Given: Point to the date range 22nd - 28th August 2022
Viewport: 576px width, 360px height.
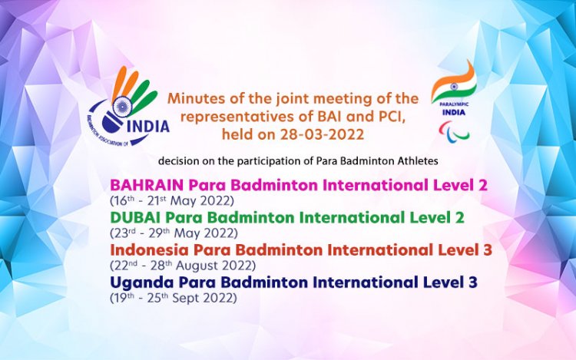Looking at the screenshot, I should [184, 265].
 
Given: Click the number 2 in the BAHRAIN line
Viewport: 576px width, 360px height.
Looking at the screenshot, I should [482, 185].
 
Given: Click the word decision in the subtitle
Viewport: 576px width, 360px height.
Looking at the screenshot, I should [178, 162].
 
